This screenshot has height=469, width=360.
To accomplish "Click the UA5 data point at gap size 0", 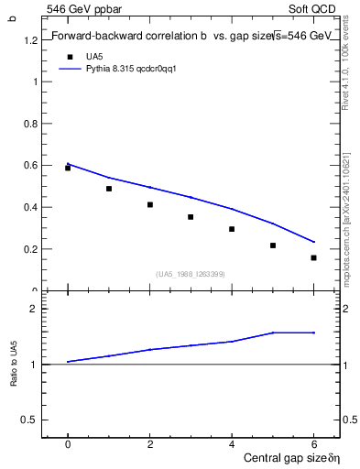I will (x=68, y=168).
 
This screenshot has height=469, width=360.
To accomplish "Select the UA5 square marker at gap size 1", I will (x=109, y=189).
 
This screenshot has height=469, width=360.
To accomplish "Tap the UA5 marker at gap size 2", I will (x=149, y=204).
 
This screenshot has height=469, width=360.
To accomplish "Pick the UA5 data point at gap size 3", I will (x=191, y=217).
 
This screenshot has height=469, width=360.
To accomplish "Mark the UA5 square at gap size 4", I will (x=232, y=229).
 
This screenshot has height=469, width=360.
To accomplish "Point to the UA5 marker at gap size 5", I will (x=273, y=245).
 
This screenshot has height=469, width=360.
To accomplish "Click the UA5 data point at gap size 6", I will (x=313, y=257).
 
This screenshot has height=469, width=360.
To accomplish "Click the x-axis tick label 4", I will (x=232, y=444).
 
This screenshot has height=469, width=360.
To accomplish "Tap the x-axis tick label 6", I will (x=313, y=444).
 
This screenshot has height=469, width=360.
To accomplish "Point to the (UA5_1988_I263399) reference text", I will (x=191, y=274).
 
